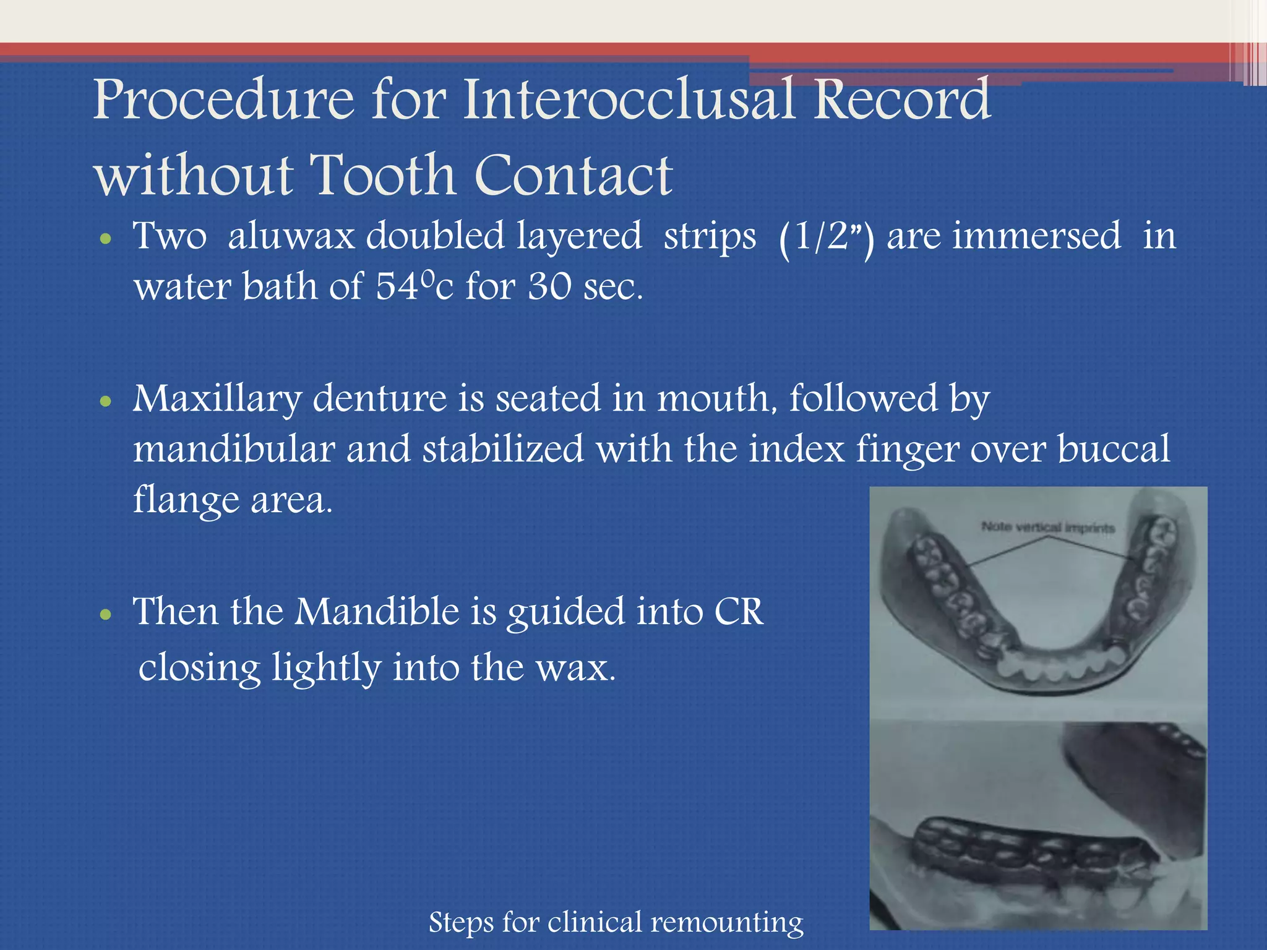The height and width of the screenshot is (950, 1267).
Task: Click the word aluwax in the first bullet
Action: tap(291, 236)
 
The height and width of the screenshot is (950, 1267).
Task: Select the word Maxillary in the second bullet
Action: tap(217, 399)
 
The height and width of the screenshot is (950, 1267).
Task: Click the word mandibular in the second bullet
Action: tap(234, 449)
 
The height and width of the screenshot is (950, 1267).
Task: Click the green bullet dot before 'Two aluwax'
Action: tap(106, 239)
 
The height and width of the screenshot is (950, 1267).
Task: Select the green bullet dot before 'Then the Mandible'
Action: tap(106, 615)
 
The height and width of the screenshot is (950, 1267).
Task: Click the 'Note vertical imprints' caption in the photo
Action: tap(1047, 528)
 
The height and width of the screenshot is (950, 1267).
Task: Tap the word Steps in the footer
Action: tap(462, 923)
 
